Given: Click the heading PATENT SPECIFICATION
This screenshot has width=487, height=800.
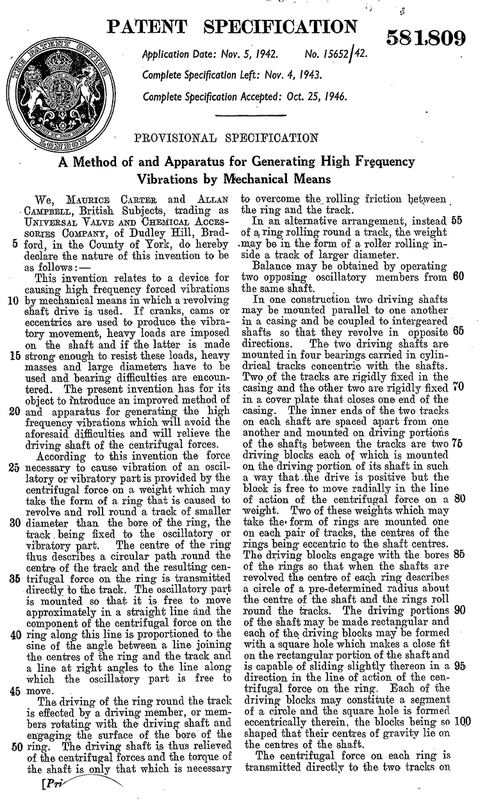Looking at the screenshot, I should [232, 27].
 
